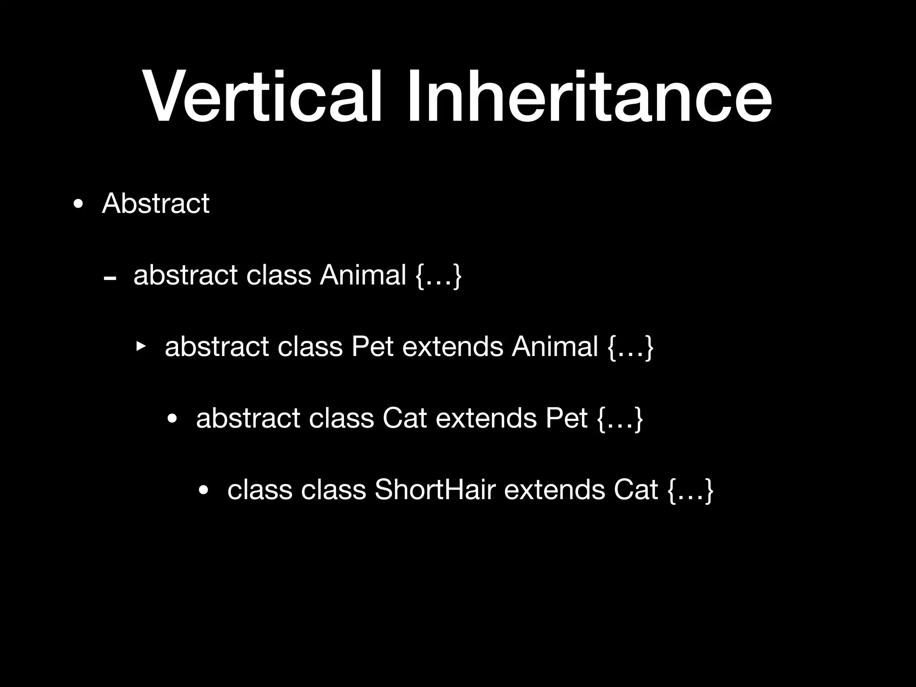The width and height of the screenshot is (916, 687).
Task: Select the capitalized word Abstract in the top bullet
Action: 156,204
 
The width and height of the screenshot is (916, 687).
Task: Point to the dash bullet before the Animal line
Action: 110,279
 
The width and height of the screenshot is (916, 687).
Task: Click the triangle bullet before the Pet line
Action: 141,346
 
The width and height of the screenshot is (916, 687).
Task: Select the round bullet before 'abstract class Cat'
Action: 172,420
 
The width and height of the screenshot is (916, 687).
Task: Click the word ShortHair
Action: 435,489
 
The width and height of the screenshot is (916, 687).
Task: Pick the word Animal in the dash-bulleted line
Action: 363,275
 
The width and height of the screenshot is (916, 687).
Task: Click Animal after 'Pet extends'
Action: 555,346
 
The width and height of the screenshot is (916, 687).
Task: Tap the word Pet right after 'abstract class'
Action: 372,346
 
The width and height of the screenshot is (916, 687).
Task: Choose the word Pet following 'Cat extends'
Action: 566,418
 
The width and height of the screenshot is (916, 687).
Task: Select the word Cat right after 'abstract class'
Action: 405,418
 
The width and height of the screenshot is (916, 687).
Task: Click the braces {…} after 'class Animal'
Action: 438,276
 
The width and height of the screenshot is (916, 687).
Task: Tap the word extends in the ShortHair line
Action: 555,489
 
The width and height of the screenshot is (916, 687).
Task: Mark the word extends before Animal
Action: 453,346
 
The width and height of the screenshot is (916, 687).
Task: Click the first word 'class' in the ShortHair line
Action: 260,489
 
